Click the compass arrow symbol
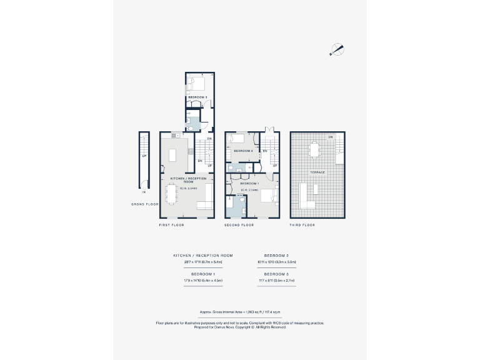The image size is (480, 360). [337, 49]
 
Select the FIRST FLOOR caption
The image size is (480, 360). [171, 224]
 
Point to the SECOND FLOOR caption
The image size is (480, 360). [239, 224]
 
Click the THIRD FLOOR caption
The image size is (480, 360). [302, 224]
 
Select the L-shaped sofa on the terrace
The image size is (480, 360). [308, 196]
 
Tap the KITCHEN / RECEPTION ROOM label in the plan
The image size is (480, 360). [188, 179]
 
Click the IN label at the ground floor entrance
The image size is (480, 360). [144, 192]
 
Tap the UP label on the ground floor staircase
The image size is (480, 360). [144, 156]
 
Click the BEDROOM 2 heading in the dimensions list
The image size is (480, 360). [276, 255]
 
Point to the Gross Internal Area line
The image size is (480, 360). [240, 311]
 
